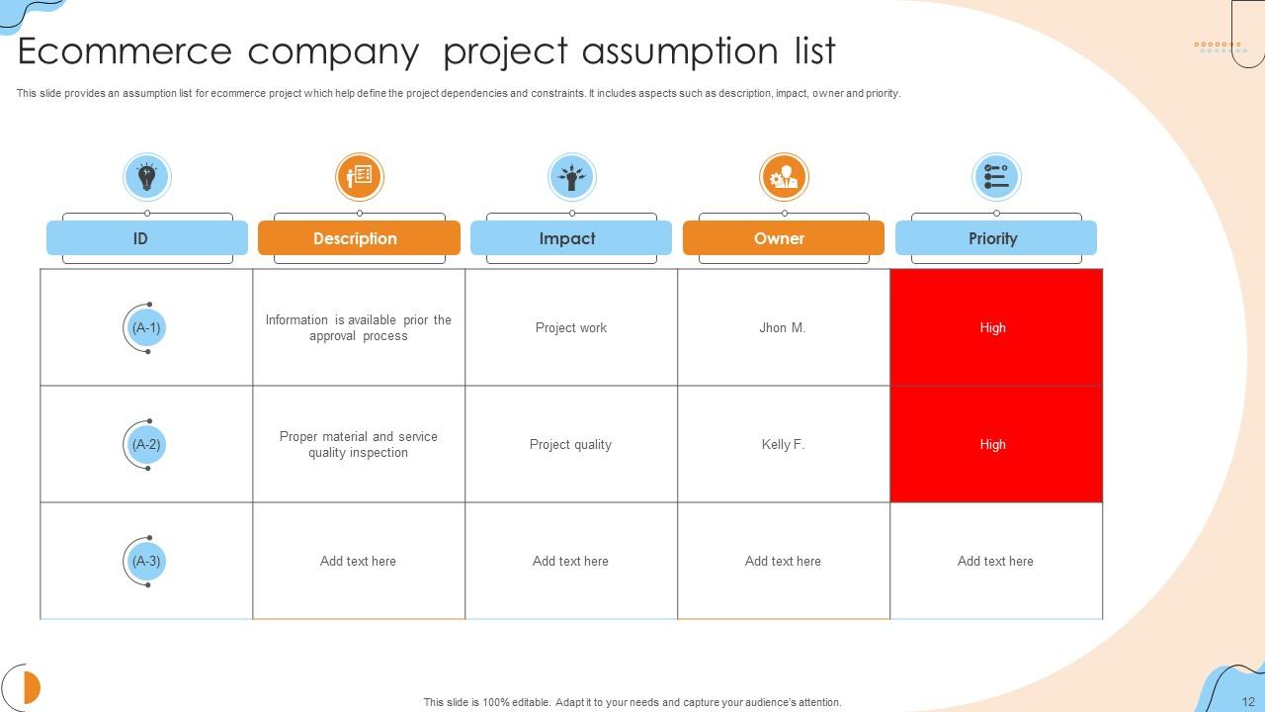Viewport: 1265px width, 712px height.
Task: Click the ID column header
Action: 146,238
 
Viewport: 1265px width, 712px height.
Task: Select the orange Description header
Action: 358,238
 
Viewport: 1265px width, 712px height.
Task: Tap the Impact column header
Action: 570,238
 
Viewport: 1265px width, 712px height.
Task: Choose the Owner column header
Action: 783,238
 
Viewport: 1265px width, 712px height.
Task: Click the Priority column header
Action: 995,238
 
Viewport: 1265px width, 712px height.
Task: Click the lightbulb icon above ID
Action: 147,177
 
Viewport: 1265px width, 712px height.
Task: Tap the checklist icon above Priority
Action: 996,177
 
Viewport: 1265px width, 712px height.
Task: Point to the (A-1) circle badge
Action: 146,327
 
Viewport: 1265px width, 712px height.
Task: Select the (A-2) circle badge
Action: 146,444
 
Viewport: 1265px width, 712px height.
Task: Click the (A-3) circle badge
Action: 146,561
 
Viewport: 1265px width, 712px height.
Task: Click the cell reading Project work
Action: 571,327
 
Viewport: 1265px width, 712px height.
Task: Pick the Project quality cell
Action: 570,444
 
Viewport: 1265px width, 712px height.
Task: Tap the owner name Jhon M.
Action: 783,327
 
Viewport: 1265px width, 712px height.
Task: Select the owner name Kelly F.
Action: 783,444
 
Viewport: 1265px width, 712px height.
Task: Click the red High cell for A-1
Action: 995,327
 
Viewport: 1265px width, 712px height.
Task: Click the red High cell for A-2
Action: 995,444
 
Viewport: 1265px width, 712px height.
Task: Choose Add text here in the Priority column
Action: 995,561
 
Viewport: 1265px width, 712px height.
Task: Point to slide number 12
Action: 1248,701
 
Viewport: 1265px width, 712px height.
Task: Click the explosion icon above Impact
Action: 571,177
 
